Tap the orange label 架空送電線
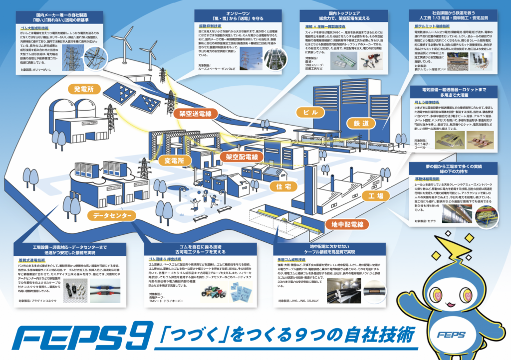(194, 114)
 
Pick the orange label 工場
(374, 195)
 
